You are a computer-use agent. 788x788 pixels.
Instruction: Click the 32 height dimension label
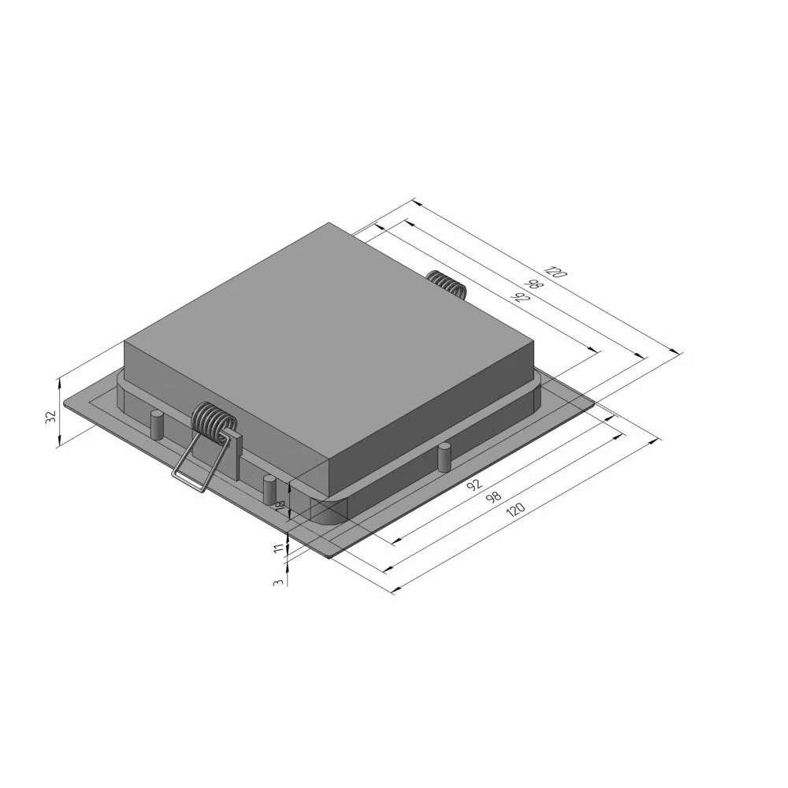[x=50, y=417]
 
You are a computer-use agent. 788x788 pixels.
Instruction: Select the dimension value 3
[x=277, y=582]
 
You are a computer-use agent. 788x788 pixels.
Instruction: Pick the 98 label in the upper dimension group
[x=535, y=285]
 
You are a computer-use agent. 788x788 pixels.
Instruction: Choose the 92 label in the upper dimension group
[x=519, y=298]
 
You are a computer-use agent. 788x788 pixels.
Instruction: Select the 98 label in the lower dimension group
[x=494, y=498]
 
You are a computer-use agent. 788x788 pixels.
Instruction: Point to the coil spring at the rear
[x=446, y=283]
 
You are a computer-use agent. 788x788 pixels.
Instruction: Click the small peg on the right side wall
[x=444, y=458]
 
